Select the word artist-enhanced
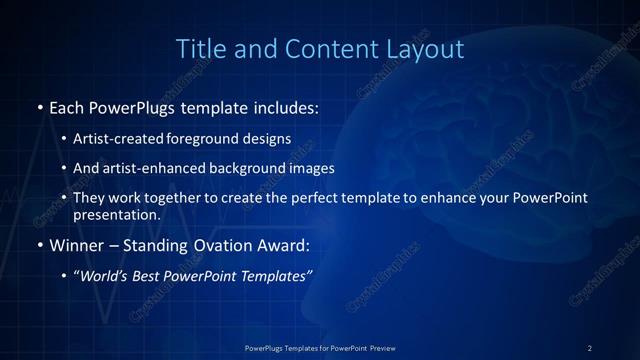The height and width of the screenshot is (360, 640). pos(157,169)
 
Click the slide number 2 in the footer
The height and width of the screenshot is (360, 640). pos(590,347)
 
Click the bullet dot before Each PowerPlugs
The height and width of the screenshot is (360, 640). pos(39,107)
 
